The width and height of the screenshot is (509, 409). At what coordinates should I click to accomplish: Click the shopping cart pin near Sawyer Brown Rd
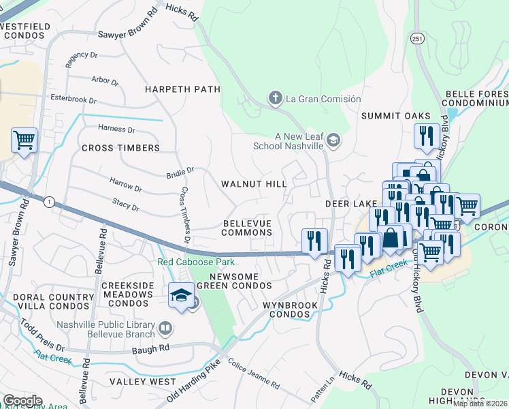(x=24, y=140)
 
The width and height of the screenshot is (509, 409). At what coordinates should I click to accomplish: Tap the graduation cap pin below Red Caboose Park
(x=181, y=295)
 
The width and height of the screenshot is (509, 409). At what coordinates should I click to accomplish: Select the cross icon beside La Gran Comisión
(x=276, y=99)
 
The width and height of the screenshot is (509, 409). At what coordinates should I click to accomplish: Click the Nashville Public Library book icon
(x=165, y=330)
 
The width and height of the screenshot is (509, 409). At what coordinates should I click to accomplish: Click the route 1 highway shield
(x=49, y=202)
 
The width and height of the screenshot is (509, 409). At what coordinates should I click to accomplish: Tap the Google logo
(x=22, y=401)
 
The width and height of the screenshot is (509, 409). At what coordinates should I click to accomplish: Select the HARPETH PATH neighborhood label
(x=182, y=89)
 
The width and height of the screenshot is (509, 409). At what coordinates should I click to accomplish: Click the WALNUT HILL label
(x=253, y=184)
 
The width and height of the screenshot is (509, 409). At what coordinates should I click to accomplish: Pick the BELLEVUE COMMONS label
(x=248, y=228)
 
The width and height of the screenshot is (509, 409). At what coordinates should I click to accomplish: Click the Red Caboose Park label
(x=195, y=262)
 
